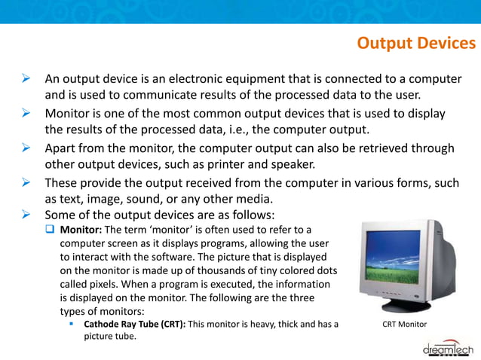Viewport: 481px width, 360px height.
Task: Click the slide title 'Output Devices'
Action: (x=415, y=44)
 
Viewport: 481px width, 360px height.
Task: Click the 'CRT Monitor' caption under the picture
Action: (x=404, y=325)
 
